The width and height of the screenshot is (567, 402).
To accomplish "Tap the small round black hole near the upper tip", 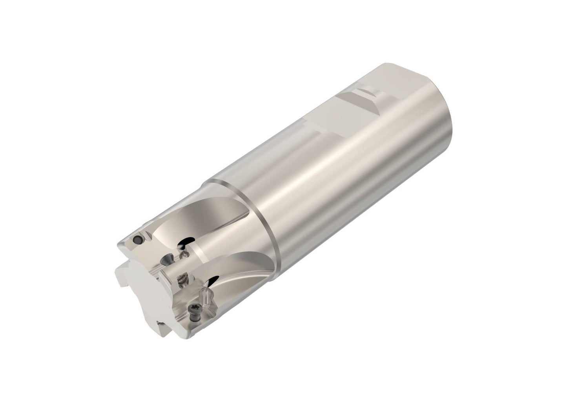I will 138,240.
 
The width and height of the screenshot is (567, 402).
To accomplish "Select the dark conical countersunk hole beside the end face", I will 168,259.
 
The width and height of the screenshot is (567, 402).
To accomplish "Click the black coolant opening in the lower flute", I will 214,279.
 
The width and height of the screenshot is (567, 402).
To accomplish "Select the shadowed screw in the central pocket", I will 182,280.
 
